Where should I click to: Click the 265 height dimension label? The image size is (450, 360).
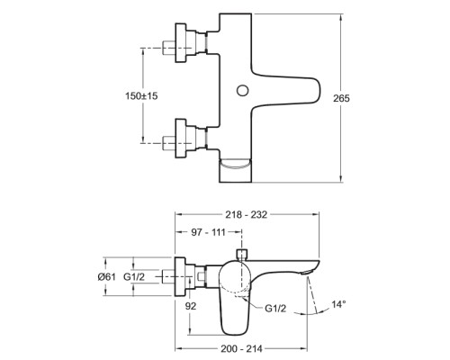(x=341, y=98)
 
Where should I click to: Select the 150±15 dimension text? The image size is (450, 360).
(x=141, y=96)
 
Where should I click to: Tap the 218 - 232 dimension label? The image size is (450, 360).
(x=246, y=214)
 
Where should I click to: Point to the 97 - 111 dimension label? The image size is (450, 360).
(x=208, y=232)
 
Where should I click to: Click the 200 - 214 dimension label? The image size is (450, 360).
(x=241, y=348)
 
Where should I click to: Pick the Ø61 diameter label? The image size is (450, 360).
(x=106, y=276)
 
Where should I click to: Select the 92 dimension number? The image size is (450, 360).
(x=191, y=306)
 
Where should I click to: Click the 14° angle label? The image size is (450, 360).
(x=338, y=304)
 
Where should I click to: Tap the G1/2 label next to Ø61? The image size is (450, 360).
(x=134, y=276)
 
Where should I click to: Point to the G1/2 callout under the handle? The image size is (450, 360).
(x=275, y=308)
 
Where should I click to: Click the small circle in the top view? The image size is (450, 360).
(x=242, y=90)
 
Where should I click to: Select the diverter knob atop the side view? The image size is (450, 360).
(x=241, y=254)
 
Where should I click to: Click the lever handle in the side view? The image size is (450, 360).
(x=235, y=297)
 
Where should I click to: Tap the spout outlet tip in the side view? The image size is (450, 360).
(x=307, y=273)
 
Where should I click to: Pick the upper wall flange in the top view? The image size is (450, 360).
(x=180, y=42)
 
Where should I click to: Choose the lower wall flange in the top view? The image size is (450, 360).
(x=180, y=139)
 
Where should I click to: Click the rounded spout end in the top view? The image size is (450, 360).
(x=317, y=90)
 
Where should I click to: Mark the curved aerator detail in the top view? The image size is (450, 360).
(x=236, y=165)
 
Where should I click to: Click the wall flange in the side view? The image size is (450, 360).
(x=180, y=276)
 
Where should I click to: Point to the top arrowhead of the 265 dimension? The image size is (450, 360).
(x=341, y=17)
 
